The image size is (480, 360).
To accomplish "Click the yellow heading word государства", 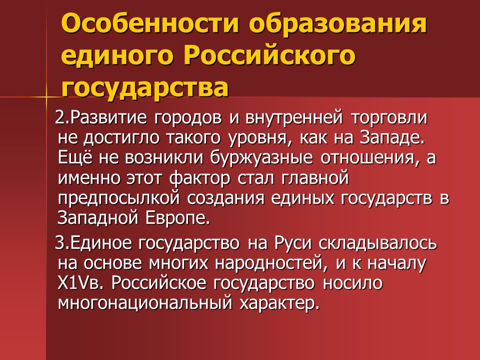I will click(x=145, y=88).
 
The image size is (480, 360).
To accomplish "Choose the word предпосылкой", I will click(x=119, y=197).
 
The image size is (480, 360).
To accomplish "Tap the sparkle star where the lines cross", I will click(x=46, y=95).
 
